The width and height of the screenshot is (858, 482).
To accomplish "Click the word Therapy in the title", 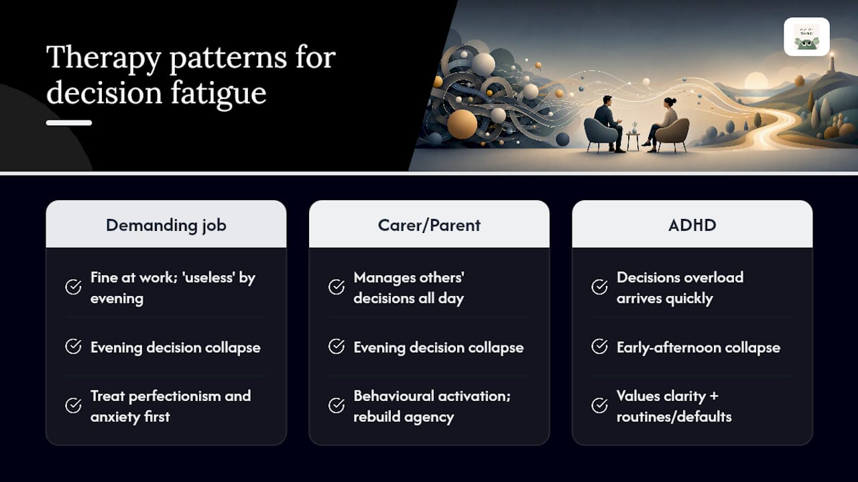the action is [103, 58].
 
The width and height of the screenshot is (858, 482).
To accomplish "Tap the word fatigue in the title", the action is [218, 93].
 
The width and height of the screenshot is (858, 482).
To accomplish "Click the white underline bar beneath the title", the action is [69, 123].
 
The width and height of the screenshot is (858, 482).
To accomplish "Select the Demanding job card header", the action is [166, 224].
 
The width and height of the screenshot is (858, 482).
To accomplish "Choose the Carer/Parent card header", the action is [429, 224].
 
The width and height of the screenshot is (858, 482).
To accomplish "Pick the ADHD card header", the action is [692, 224].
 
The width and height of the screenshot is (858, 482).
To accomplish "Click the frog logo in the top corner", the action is [806, 37].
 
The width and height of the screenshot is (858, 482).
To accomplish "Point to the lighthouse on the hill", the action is [831, 63].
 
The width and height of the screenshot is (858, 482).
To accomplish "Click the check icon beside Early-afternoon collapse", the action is [599, 347].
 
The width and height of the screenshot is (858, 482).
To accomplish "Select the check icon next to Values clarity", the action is [599, 406].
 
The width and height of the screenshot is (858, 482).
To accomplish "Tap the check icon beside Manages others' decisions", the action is [336, 287].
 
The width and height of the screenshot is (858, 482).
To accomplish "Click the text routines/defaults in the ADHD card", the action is [674, 416].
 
